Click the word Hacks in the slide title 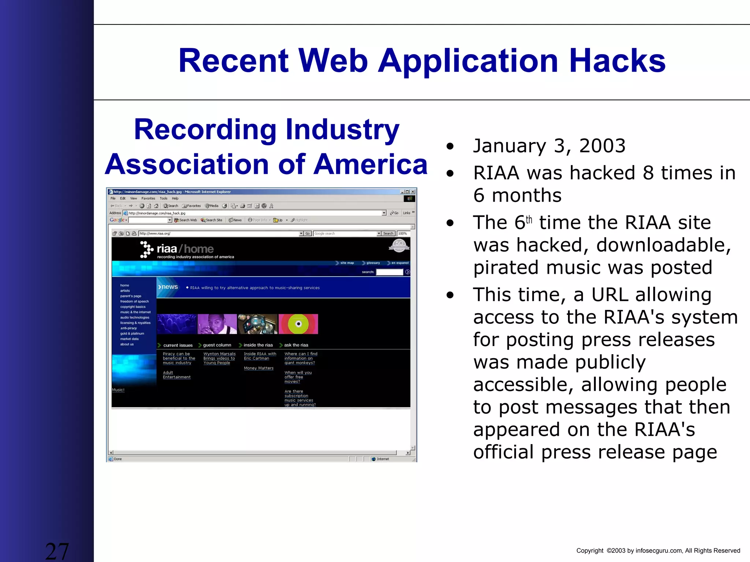617,61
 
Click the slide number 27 57,551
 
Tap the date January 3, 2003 549,146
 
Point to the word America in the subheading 370,164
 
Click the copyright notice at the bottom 658,551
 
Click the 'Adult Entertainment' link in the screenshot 177,375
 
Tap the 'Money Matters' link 259,368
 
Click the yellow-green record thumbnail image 298,324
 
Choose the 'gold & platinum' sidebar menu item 132,333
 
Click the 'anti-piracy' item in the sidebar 129,328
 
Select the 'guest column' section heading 217,345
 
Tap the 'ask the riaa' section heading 296,345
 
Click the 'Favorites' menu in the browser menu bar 148,198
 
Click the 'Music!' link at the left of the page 118,390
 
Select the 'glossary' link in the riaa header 373,263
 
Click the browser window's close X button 413,192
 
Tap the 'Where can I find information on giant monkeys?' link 301,358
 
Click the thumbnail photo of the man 217,324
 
